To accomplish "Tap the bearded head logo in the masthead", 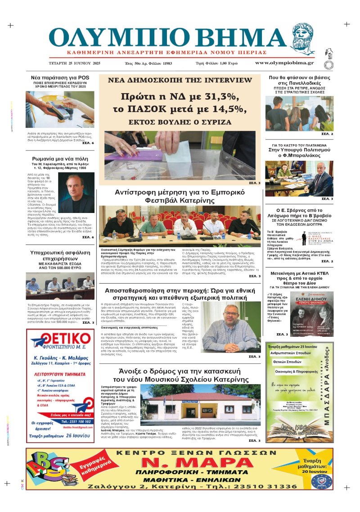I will point(304,40).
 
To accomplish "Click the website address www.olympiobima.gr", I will point(284,63).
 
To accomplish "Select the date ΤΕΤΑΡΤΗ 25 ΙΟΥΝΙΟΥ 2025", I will point(75,63).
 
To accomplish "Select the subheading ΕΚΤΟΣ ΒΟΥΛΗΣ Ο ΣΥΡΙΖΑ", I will point(180,122).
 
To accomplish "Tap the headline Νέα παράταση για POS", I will point(60,77).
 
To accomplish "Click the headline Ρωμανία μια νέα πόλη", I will point(60,159).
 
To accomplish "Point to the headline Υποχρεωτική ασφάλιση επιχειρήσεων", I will point(60,256).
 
